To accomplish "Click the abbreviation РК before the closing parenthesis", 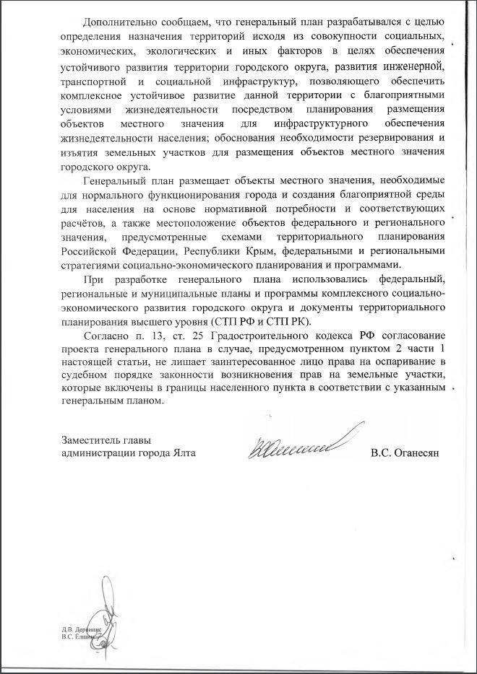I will (306, 323).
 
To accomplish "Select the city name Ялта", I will (181, 454).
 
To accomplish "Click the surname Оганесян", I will (417, 454).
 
